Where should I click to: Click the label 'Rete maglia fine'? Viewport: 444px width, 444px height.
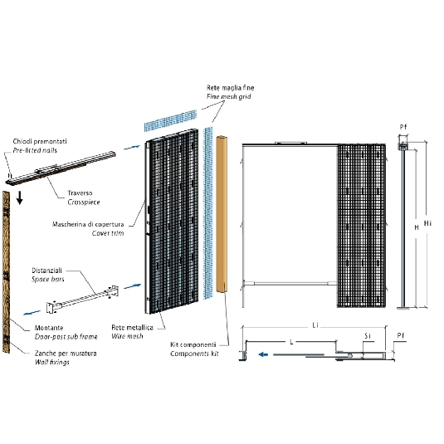(x=230, y=88)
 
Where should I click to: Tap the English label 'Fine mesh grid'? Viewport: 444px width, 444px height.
(x=228, y=96)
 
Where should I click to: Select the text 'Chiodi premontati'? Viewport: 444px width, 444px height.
(x=40, y=141)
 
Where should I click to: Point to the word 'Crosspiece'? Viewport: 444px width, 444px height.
(x=84, y=202)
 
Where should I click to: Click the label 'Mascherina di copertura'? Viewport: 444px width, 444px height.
(x=88, y=224)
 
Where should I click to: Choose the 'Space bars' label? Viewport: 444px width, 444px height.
(x=48, y=279)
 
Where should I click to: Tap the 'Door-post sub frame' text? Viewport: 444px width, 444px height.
(x=66, y=337)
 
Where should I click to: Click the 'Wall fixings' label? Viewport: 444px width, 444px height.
(x=52, y=362)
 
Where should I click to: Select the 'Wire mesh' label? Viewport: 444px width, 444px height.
(x=127, y=336)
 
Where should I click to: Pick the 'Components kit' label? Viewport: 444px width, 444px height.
(x=194, y=354)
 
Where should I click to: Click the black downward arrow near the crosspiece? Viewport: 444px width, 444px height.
(x=20, y=198)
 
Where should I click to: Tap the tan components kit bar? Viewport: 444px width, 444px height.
(x=222, y=214)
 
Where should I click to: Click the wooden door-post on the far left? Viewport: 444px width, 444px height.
(x=7, y=272)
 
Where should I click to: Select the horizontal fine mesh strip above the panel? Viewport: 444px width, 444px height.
(x=170, y=120)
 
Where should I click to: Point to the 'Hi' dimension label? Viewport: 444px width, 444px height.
(x=427, y=223)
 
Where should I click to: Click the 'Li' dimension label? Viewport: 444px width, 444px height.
(x=315, y=325)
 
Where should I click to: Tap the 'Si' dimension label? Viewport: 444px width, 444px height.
(x=368, y=336)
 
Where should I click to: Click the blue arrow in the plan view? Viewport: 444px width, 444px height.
(x=263, y=354)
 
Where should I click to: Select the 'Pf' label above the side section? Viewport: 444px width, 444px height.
(x=403, y=127)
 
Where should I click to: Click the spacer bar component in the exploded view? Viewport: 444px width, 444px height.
(x=82, y=300)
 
